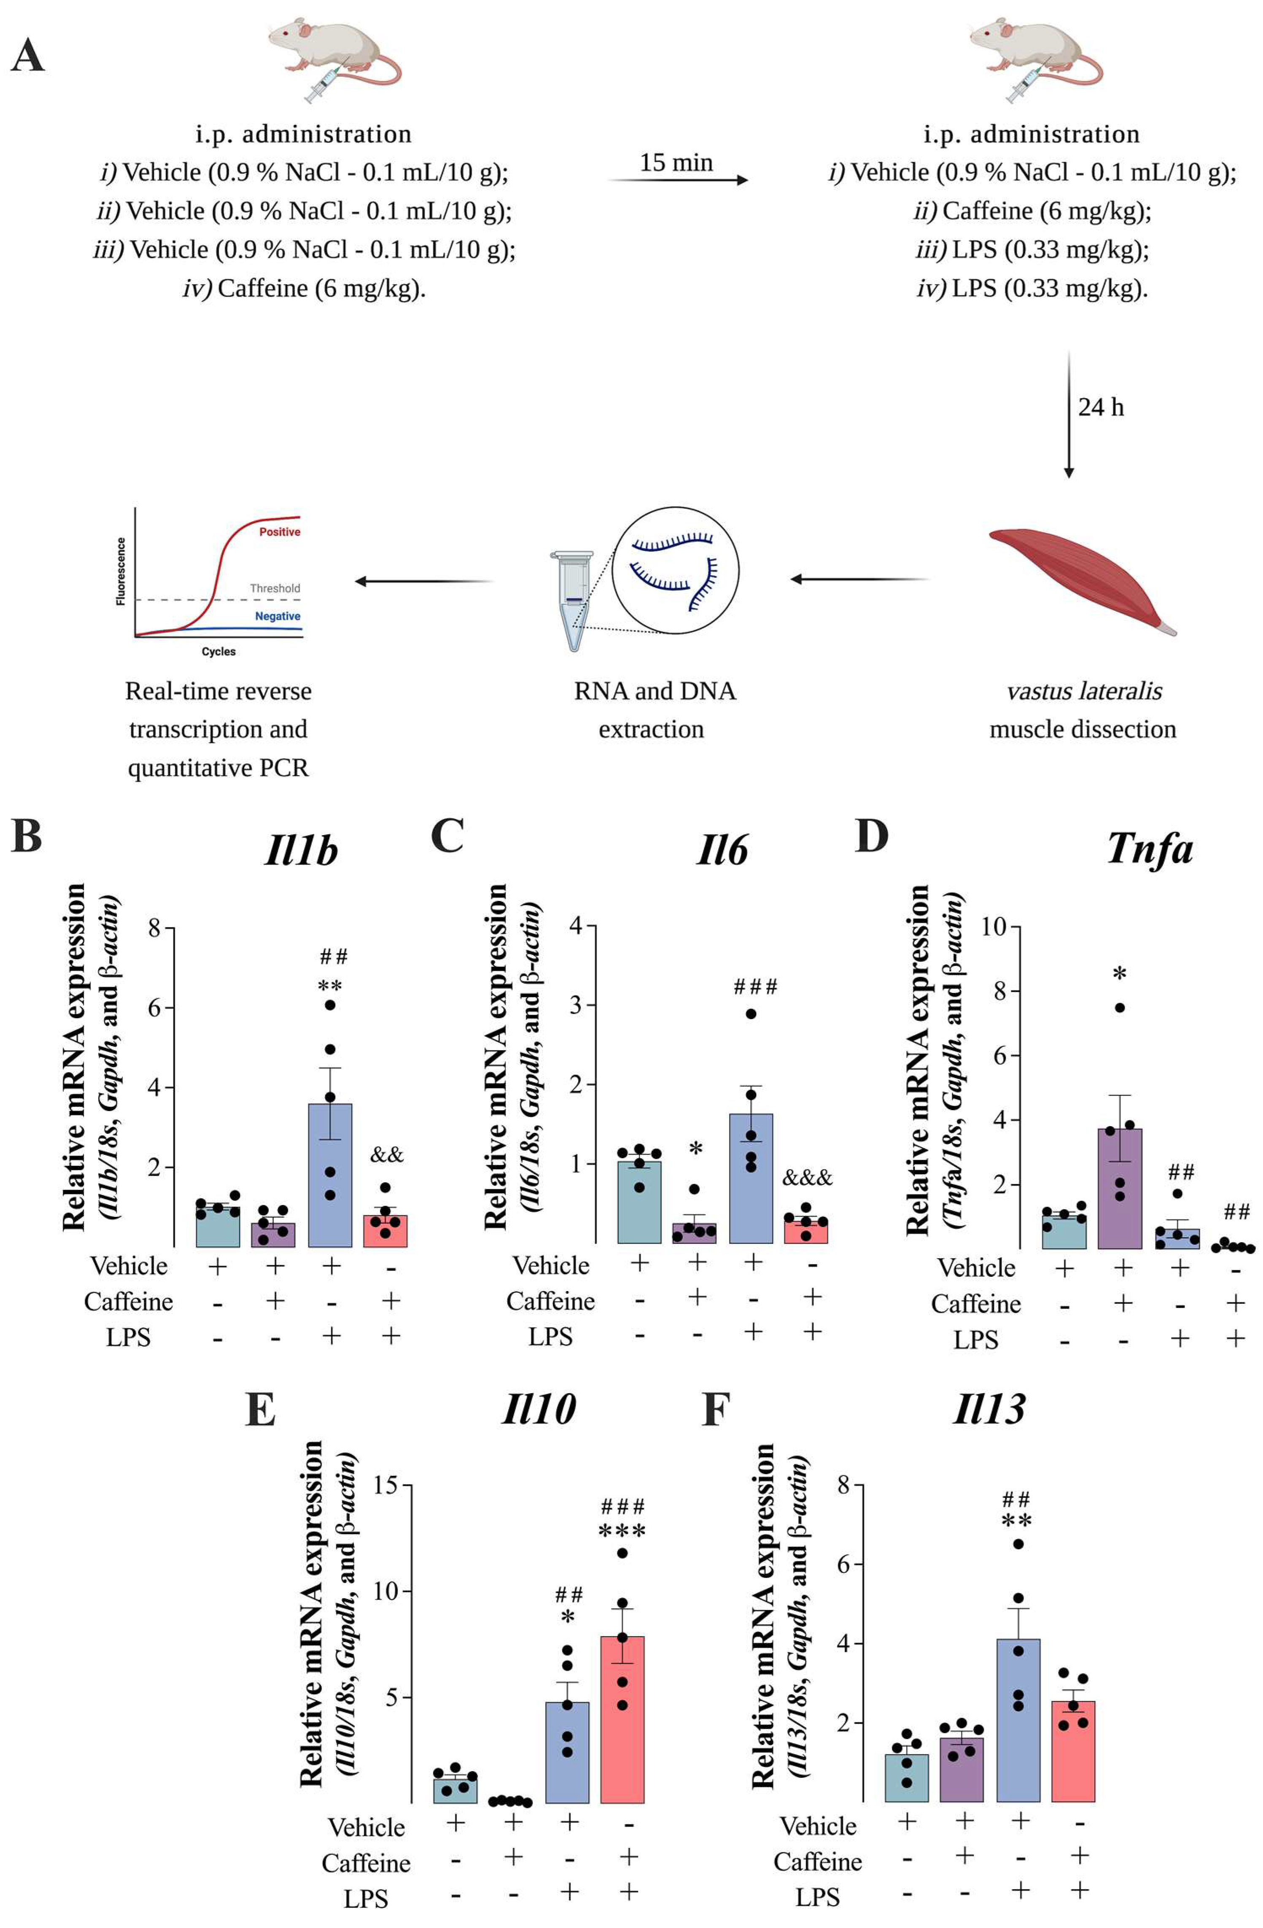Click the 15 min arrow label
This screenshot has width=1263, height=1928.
[x=676, y=163]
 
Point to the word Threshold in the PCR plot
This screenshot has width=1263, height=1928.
[x=275, y=588]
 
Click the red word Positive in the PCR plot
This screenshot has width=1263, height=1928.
[x=280, y=532]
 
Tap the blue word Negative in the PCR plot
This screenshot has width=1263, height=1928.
[x=277, y=617]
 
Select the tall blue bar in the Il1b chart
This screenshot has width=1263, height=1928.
[x=331, y=1175]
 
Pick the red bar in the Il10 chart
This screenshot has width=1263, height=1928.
[x=622, y=1719]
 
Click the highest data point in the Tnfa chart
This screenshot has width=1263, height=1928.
[x=1120, y=1008]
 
